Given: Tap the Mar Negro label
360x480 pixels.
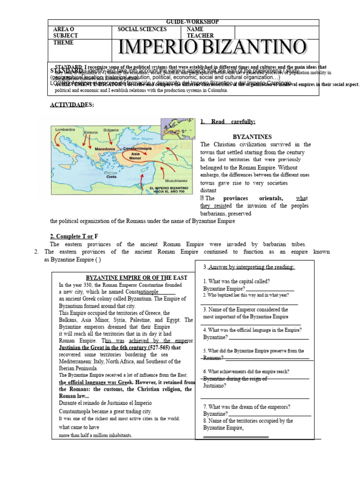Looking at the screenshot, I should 142,139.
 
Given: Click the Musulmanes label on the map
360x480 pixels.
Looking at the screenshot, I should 176,180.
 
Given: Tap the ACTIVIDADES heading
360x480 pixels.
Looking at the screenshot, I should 72,105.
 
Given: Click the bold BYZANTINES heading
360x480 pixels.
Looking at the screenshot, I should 252,136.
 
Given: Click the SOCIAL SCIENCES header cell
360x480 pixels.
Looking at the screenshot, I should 142,29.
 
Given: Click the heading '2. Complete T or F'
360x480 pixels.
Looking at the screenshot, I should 74,235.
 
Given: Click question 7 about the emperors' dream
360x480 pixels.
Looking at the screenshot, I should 247,407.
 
